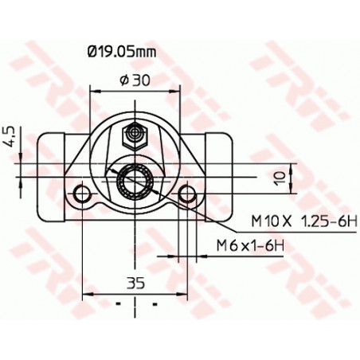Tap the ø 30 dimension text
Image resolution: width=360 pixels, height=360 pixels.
tap(132, 79)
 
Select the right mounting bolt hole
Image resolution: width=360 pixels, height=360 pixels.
tap(187, 194)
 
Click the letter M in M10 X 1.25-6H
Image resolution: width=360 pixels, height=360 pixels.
tap(258, 221)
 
